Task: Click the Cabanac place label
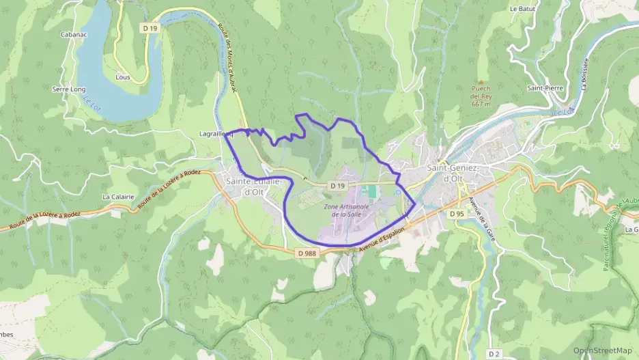(72, 33)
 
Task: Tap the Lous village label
(123, 77)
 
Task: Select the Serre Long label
(69, 89)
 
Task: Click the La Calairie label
(116, 197)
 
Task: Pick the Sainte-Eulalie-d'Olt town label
(252, 186)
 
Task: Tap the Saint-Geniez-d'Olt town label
(453, 174)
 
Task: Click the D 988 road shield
(307, 253)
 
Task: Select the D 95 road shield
(457, 214)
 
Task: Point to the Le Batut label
(522, 9)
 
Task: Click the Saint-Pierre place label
(544, 88)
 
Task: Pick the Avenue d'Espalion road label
(381, 244)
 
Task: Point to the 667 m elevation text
(481, 105)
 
